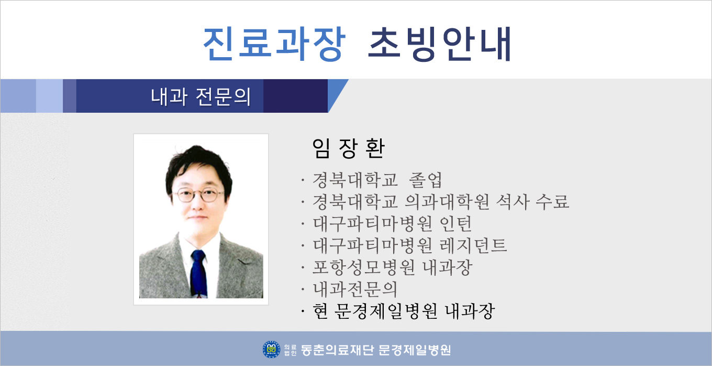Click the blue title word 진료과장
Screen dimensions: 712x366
point(274,44)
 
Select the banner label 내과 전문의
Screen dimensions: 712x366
point(201,96)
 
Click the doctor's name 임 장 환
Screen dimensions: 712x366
point(349,148)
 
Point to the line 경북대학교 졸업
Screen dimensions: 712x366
point(377,180)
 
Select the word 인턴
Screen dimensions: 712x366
point(455,223)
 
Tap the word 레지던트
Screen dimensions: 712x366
point(473,245)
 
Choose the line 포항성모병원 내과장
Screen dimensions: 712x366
point(393,267)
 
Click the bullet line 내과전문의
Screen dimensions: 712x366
point(355,289)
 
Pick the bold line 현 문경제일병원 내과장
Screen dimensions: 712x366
point(404,311)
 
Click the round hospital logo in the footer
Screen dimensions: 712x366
point(271,349)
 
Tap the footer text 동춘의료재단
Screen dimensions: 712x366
point(336,350)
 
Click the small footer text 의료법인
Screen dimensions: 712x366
point(290,350)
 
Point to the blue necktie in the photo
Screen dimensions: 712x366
point(198,274)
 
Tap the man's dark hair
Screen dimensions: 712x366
point(198,166)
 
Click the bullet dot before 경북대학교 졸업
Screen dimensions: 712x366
point(303,180)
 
